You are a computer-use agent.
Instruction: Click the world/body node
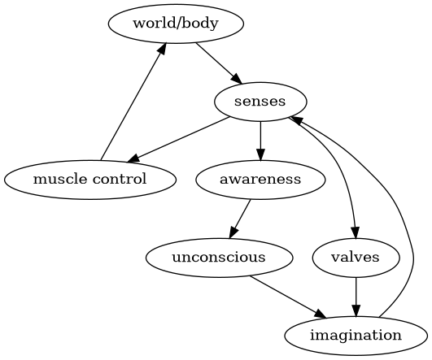click(176, 24)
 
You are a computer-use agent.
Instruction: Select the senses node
click(260, 102)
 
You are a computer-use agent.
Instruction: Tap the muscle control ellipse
click(89, 180)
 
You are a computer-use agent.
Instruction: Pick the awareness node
click(260, 180)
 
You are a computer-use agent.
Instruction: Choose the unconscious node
click(219, 258)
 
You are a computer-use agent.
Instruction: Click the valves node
click(356, 258)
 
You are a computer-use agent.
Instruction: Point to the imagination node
click(356, 336)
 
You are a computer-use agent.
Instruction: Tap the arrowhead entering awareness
click(260, 154)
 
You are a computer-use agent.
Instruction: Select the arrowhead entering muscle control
click(133, 158)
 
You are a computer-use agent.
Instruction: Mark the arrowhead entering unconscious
click(233, 232)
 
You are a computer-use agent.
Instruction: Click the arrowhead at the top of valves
click(356, 232)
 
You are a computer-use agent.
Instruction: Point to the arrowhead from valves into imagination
click(356, 310)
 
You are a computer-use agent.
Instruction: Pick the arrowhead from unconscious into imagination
click(321, 314)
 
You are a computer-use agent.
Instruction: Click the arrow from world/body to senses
click(219, 63)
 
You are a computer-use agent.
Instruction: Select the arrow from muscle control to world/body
click(133, 102)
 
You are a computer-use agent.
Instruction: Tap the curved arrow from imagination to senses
click(396, 198)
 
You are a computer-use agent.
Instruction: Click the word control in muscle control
click(120, 180)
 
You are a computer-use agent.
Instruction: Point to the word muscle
click(60, 180)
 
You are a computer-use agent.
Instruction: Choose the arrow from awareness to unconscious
click(240, 219)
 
